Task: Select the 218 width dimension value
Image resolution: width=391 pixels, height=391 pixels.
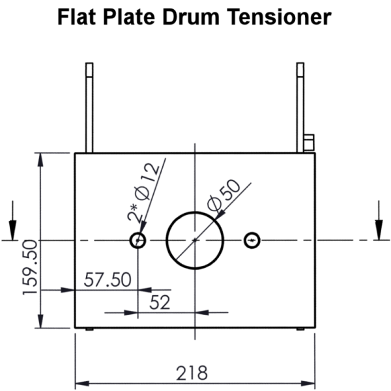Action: tap(192, 373)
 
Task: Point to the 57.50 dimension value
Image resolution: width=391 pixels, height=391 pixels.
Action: tap(108, 280)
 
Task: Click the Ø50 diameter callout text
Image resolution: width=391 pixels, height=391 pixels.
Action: tap(224, 195)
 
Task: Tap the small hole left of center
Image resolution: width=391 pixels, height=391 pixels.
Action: tap(138, 240)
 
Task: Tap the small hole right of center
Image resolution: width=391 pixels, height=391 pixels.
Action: tap(252, 240)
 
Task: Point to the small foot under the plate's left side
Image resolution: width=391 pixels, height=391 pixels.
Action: tap(90, 330)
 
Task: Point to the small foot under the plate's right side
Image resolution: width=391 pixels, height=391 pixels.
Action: tap(300, 330)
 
